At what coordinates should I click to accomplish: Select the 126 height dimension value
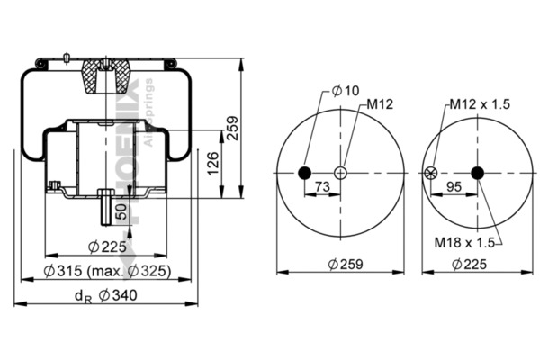(x=213, y=163)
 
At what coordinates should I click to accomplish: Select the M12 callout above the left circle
(x=379, y=105)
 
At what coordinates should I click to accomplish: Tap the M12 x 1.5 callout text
(x=481, y=105)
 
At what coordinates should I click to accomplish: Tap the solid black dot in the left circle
(x=304, y=174)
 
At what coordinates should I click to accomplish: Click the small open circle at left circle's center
(x=342, y=174)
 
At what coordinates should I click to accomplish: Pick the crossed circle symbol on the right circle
(x=430, y=174)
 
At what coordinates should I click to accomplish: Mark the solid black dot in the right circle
(x=476, y=174)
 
